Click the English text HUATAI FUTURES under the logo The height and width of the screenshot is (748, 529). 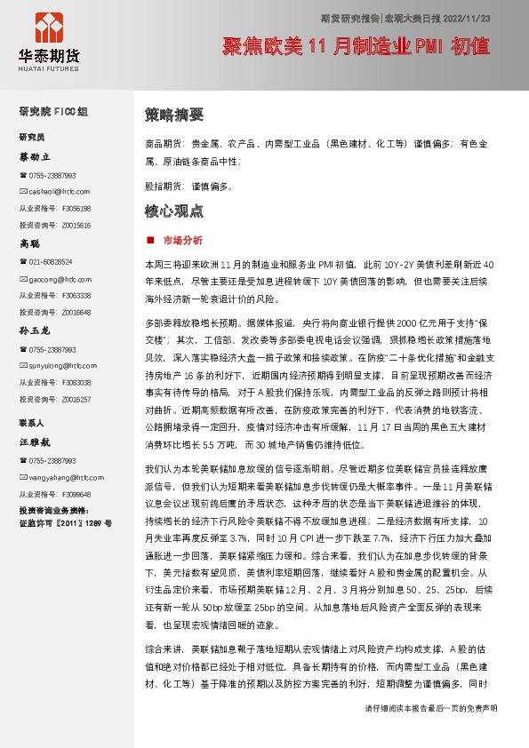49,65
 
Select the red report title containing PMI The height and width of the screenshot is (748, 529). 356,46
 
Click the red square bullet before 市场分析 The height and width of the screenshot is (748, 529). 148,240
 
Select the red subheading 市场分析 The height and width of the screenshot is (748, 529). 182,240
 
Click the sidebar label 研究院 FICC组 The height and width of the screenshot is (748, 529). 53,112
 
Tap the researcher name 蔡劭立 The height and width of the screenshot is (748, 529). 36,156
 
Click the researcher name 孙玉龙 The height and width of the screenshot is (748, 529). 36,330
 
